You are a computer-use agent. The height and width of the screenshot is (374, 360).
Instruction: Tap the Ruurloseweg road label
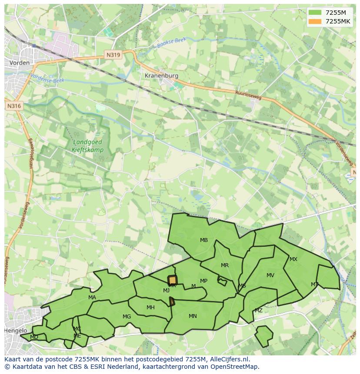point(248,95)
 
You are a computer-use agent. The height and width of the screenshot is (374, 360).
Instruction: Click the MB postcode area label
point(204,240)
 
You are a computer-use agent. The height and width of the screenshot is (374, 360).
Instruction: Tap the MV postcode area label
point(270,275)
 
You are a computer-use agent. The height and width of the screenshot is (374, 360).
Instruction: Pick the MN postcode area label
point(193,316)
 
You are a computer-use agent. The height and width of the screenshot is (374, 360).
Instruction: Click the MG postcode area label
point(127,317)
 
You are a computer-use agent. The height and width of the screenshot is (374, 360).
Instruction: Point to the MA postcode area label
point(92,298)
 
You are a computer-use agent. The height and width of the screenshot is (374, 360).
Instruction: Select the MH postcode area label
point(150,308)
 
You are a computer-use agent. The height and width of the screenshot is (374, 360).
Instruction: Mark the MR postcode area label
point(225,265)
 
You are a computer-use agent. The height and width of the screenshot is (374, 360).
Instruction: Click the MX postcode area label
point(293,259)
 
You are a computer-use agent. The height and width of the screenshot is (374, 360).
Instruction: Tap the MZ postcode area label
point(259,311)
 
